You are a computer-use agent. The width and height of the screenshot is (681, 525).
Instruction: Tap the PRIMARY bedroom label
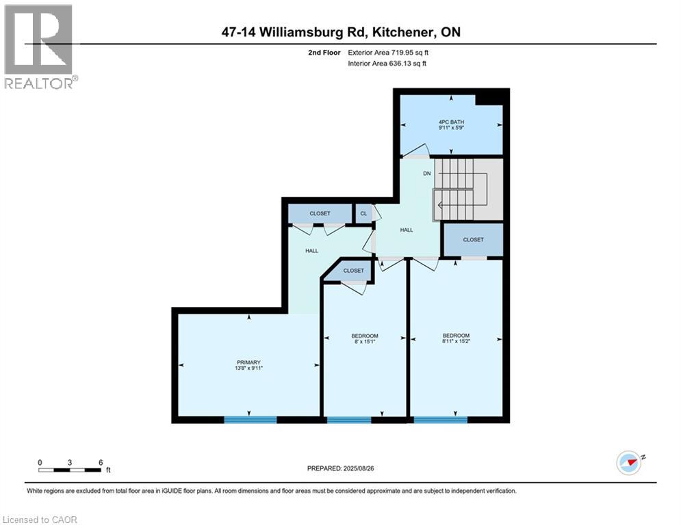pyautogui.click(x=248, y=362)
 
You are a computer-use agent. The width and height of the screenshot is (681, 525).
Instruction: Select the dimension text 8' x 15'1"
pyautogui.click(x=365, y=342)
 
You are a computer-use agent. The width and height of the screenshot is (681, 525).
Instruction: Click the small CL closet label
pyautogui.click(x=363, y=213)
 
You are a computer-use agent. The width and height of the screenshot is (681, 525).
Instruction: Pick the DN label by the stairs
pyautogui.click(x=426, y=174)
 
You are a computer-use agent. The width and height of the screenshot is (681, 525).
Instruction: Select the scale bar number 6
pyautogui.click(x=101, y=462)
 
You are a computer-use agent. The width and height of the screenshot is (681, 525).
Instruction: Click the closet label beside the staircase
pyautogui.click(x=473, y=240)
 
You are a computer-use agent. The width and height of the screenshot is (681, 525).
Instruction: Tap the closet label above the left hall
pyautogui.click(x=320, y=213)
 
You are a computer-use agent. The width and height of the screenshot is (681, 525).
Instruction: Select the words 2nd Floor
pyautogui.click(x=324, y=52)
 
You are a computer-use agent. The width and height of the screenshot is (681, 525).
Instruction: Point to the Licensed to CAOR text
pyautogui.click(x=40, y=520)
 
